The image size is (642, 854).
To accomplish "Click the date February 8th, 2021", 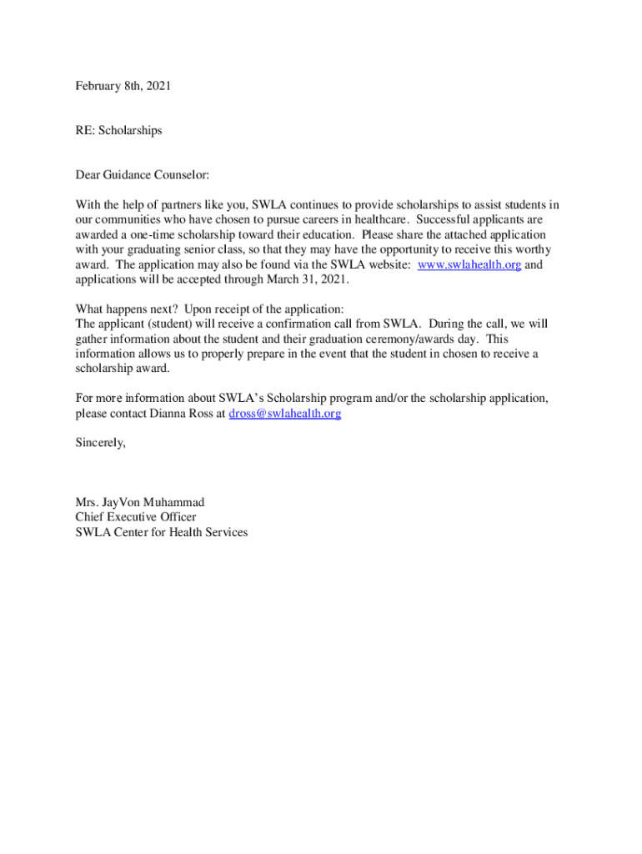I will (x=123, y=86).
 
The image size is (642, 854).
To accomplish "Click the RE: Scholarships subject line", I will (x=118, y=131).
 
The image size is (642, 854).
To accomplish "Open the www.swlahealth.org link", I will (x=469, y=265).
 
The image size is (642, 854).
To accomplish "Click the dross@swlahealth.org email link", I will (x=284, y=414).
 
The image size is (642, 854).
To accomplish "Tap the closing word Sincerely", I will (x=100, y=443).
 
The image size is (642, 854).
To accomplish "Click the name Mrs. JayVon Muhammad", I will (x=140, y=502).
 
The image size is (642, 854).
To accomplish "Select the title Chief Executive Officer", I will (x=136, y=517).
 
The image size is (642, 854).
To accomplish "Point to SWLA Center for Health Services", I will (x=162, y=532).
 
